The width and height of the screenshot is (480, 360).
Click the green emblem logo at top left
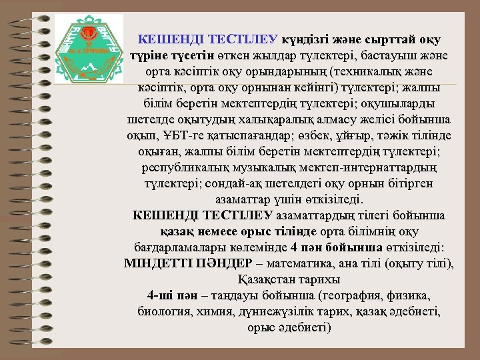(85, 47)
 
